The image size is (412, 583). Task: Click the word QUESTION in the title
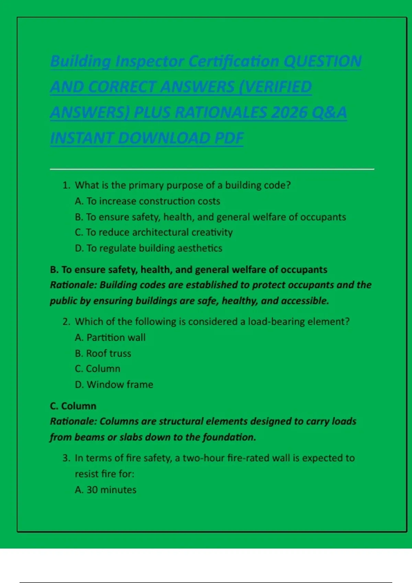point(323,61)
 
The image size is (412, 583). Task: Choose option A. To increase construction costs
point(147,201)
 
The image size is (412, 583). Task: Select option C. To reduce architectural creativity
point(153,232)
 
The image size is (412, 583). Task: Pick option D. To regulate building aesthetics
point(148,248)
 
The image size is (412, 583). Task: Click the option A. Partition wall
point(110,337)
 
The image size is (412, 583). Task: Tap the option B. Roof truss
point(103,353)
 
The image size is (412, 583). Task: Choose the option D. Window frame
point(114,384)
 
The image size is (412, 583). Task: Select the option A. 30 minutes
point(105,490)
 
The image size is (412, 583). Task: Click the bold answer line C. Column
point(73,406)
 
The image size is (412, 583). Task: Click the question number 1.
point(66,185)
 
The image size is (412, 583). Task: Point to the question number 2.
point(66,322)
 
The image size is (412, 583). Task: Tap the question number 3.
point(66,458)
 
